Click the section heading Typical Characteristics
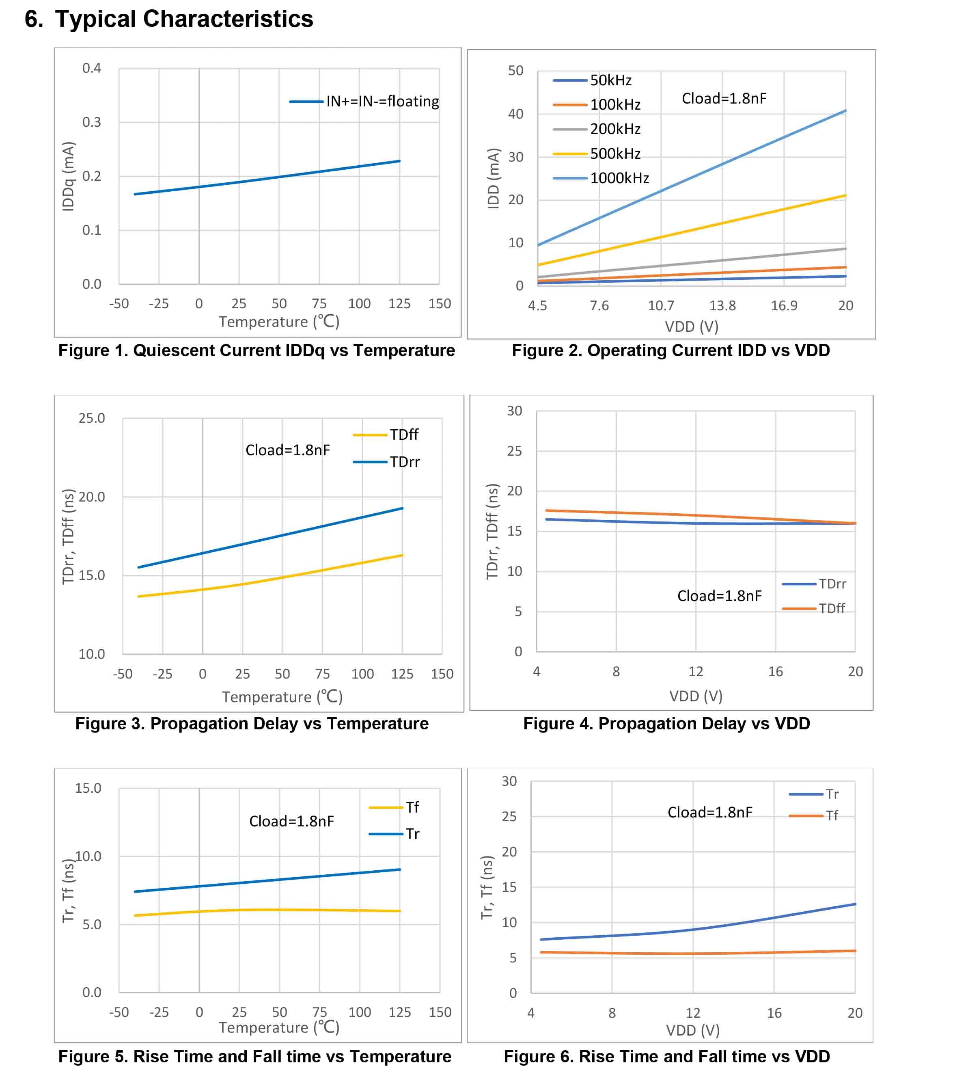pos(184,19)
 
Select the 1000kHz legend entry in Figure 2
pos(601,178)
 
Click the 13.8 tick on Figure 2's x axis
pos(722,305)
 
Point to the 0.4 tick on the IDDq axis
pos(92,68)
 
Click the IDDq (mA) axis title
pos(68,176)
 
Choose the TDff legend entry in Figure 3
pos(386,435)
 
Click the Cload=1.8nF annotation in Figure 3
pos(288,450)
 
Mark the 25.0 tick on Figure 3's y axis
pos(92,418)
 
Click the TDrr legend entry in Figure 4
pos(814,584)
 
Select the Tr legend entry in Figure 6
pos(814,794)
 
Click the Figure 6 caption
pos(667,1056)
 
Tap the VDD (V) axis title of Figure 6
pos(693,1029)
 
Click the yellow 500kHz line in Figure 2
pos(692,230)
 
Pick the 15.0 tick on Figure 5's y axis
pos(88,788)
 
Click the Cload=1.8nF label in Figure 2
pos(724,98)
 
